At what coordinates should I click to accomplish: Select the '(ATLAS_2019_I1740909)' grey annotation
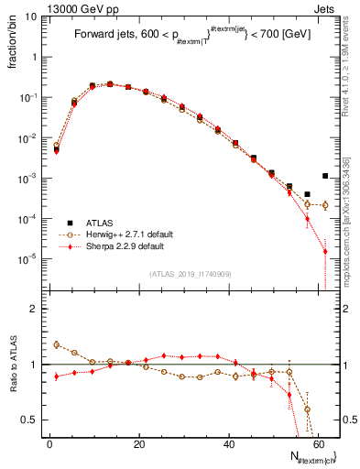[x=190, y=274]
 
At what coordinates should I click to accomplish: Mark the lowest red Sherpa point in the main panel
[x=325, y=252]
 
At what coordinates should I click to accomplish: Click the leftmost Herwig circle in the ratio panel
[x=56, y=344]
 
